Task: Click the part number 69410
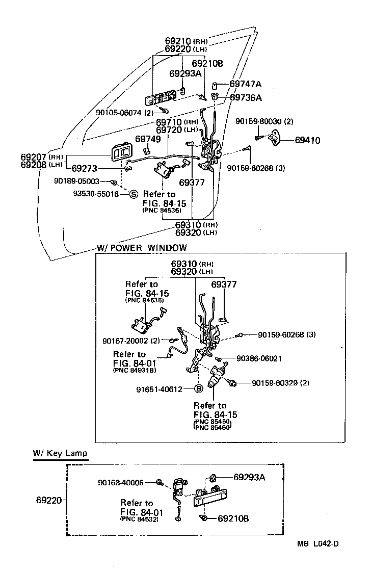tap(306, 140)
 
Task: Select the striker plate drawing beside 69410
tap(275, 138)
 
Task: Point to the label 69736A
tap(245, 97)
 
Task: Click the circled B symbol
tap(199, 389)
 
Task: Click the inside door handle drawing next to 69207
tap(121, 154)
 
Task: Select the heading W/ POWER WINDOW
tap(141, 248)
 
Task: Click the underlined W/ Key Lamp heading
tap(60, 453)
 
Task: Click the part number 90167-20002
tap(125, 341)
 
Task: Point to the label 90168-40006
tap(121, 482)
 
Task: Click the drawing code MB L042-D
tap(317, 543)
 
